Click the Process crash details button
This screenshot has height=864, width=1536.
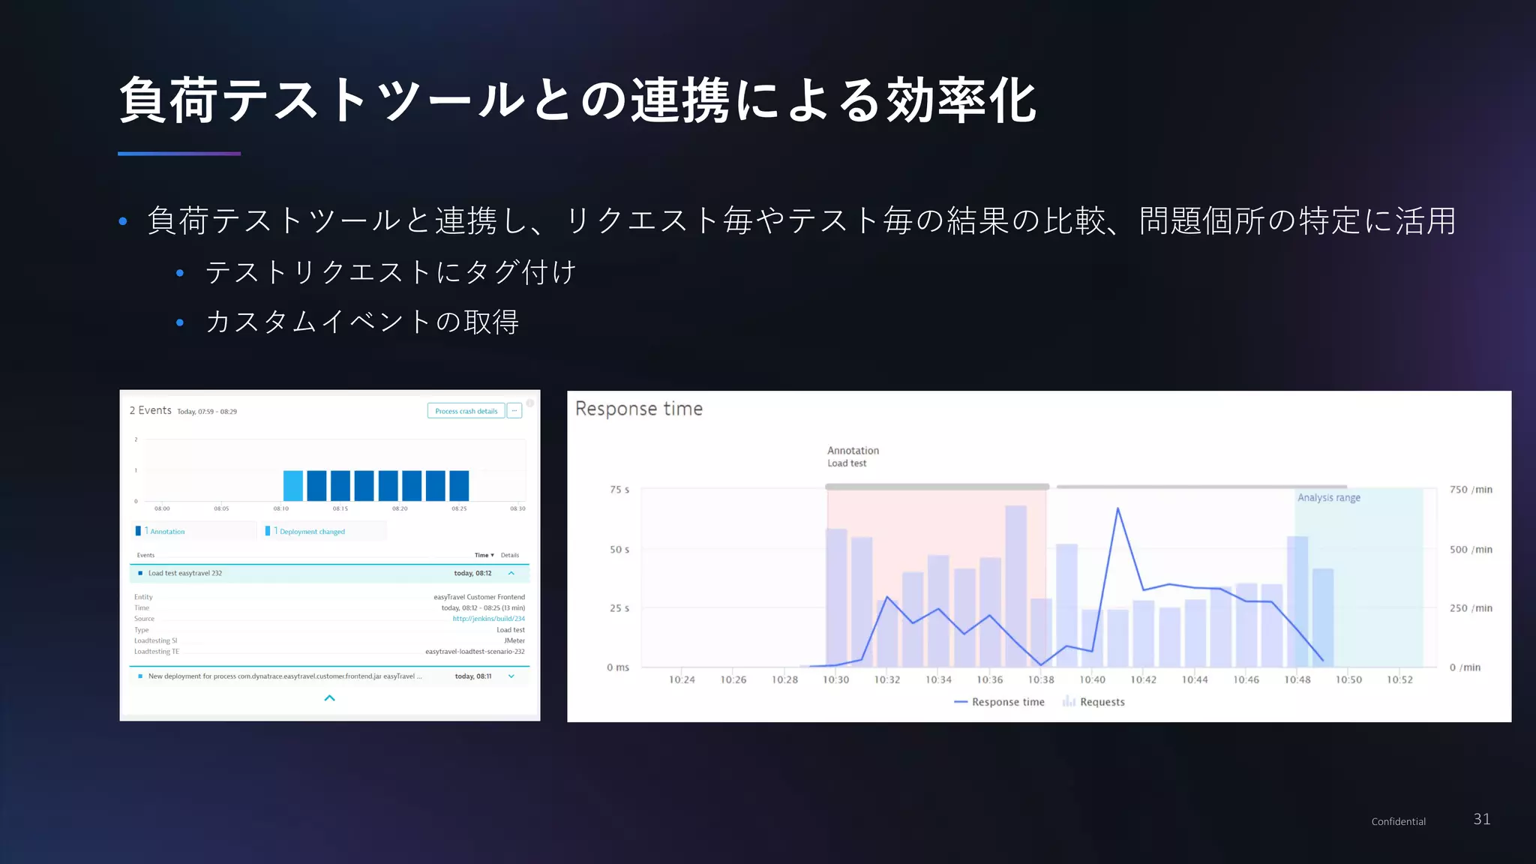466,411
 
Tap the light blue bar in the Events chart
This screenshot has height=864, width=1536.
293,486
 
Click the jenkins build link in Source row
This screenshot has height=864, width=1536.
488,619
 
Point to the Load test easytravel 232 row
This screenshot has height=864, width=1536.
185,573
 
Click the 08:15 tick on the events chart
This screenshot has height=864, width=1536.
340,508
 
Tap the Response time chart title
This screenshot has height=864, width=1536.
638,409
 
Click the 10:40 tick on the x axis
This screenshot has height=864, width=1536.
1092,679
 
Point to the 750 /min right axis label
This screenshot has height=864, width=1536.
1470,490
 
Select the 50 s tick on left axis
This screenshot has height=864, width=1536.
619,550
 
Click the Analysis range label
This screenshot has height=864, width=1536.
1328,498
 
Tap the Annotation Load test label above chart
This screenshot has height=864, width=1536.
853,456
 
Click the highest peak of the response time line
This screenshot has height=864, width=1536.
1117,509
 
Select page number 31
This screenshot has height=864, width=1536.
1481,819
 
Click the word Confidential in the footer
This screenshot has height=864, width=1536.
1398,822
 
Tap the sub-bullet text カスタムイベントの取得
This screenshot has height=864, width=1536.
362,322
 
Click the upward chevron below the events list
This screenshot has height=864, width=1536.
329,698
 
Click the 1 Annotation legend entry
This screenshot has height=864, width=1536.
165,532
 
